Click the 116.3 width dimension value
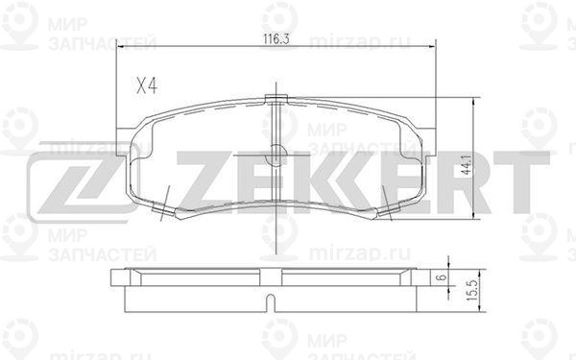click(x=276, y=38)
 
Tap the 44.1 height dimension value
click(x=467, y=165)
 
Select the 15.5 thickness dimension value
click(x=472, y=291)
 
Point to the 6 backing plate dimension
click(x=443, y=276)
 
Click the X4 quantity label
click(x=147, y=86)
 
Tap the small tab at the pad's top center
click(x=276, y=99)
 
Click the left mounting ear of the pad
click(x=124, y=142)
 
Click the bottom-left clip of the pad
click(x=163, y=209)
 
